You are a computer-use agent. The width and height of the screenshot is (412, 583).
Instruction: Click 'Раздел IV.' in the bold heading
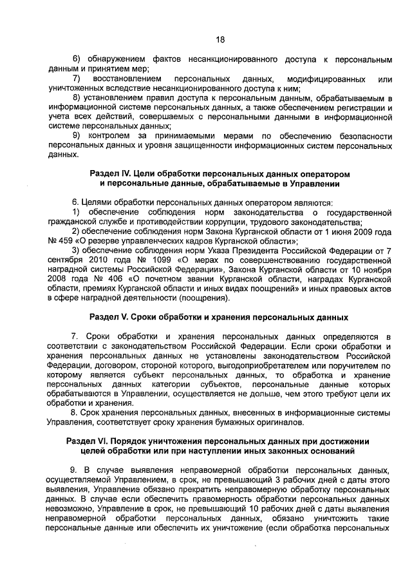point(111,175)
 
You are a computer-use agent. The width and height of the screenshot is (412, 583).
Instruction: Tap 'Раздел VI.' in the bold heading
point(88,441)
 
